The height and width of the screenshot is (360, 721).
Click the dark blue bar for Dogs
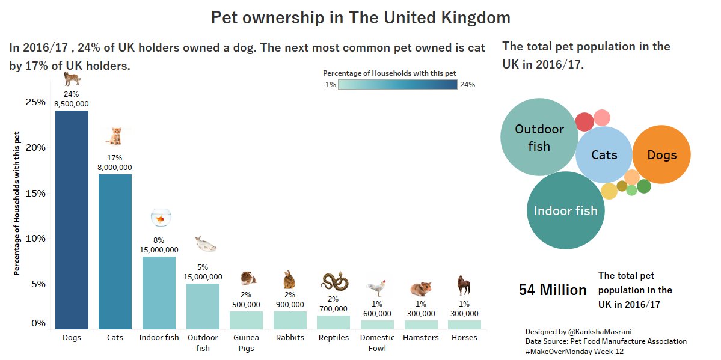72,219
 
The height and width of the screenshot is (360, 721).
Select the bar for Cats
115,251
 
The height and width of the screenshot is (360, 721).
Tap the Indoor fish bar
159,293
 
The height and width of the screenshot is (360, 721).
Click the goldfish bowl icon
161,218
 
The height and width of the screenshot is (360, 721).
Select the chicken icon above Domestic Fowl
377,288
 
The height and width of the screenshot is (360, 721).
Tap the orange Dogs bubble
661,155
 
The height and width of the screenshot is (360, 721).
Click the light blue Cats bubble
604,155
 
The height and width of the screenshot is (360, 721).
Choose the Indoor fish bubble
565,210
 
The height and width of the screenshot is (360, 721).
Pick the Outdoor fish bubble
539,137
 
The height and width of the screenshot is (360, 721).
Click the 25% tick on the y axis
35,102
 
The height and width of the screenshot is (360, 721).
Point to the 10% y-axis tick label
35,239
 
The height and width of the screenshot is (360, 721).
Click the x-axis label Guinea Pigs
246,343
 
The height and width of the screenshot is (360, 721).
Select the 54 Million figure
553,290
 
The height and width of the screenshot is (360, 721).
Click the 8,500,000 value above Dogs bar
72,103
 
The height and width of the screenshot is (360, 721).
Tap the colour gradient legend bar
397,85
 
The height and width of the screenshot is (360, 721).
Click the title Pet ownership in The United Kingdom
360,17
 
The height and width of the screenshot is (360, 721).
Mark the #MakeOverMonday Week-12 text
574,351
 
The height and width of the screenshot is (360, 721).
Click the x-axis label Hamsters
420,338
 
